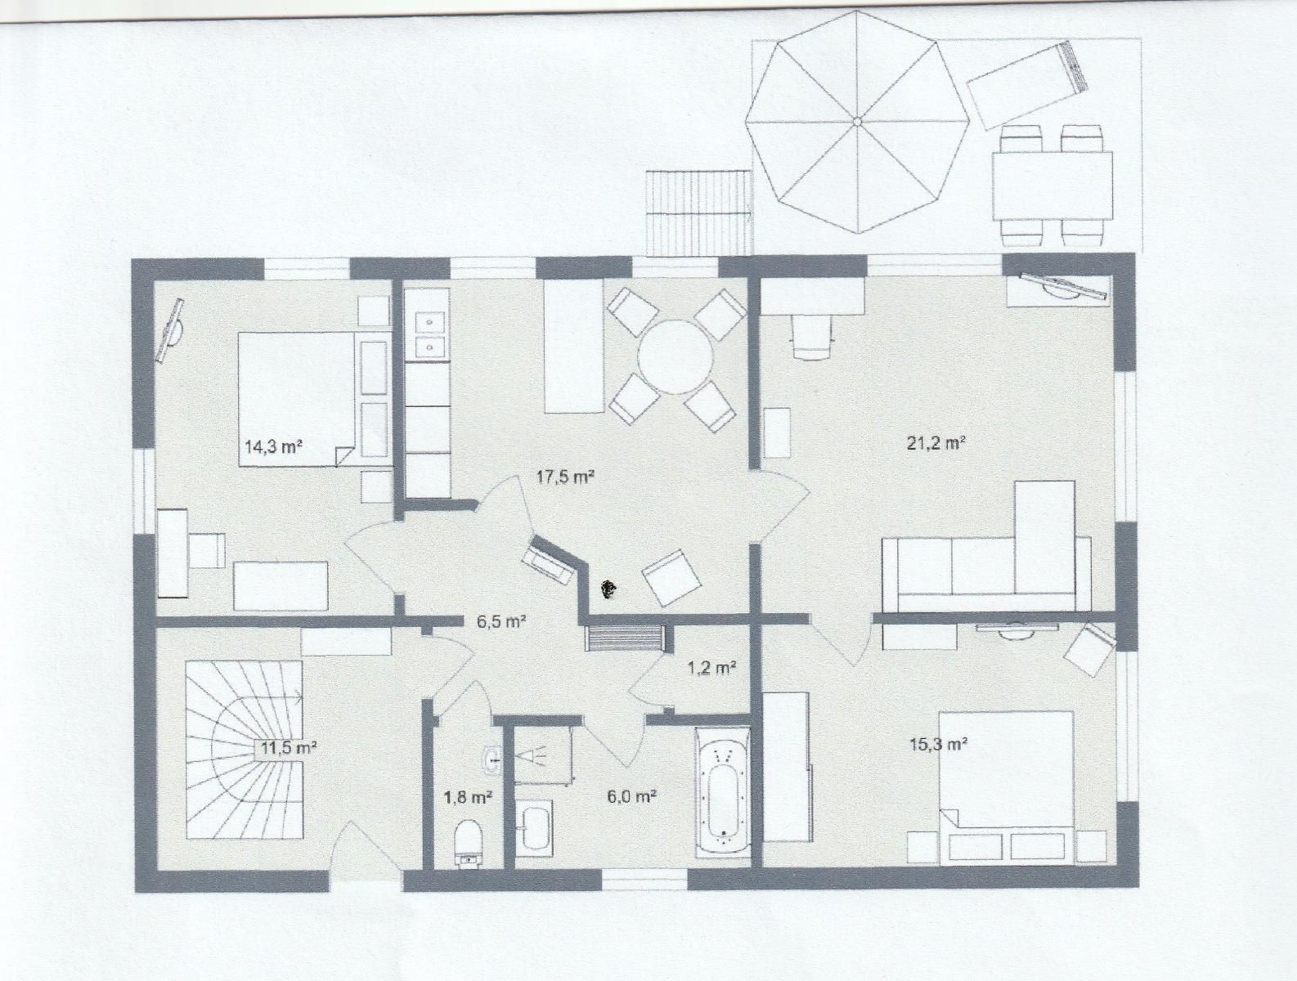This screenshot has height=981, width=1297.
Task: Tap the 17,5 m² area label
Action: (x=565, y=476)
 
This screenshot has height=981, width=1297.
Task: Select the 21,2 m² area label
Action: (x=936, y=442)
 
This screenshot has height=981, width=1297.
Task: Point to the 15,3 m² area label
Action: (x=938, y=744)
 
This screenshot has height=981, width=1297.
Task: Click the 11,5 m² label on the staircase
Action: (x=289, y=748)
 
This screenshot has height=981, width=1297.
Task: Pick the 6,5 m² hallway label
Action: (x=501, y=620)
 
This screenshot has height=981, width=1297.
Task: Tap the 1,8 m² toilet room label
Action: (x=469, y=797)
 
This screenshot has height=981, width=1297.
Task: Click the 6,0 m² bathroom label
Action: (x=632, y=797)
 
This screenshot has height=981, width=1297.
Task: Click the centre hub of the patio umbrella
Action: (x=857, y=122)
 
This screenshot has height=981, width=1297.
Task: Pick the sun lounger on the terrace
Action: (x=1028, y=84)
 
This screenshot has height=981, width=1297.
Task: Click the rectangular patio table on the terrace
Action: (x=1052, y=186)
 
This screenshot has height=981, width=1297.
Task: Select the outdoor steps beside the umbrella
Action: (x=700, y=213)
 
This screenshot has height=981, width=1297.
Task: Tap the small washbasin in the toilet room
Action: (x=491, y=759)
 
